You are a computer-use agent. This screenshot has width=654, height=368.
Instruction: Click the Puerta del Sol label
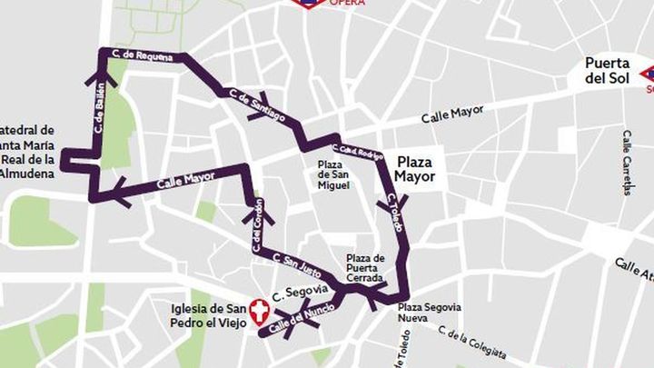point(609,71)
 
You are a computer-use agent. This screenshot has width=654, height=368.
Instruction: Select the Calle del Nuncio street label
point(297,319)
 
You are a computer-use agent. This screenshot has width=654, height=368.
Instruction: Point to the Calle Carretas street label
point(627,162)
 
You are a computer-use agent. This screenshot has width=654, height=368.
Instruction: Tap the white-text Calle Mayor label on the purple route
point(183,178)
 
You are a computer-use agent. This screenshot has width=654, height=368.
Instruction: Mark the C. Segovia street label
point(304,290)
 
